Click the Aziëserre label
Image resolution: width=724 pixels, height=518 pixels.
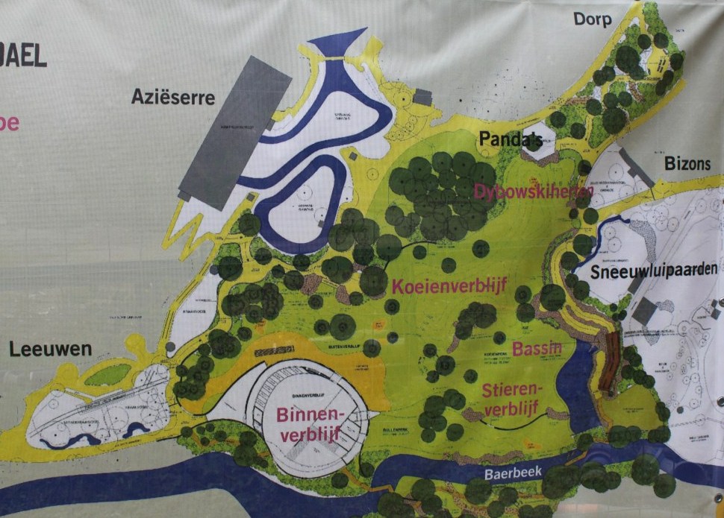(173, 97)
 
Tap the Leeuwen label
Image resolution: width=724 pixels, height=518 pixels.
(52, 349)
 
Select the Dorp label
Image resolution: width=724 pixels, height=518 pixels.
(593, 19)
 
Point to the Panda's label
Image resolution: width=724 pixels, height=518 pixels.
(510, 139)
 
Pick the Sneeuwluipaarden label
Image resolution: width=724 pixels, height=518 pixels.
(655, 271)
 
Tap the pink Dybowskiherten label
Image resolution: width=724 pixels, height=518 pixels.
(533, 192)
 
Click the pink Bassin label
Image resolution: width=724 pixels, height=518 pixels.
(537, 349)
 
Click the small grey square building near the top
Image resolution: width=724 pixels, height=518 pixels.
(422, 97)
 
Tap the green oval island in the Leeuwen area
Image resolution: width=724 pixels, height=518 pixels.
(107, 374)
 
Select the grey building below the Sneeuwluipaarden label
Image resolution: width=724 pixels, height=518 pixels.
(644, 310)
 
